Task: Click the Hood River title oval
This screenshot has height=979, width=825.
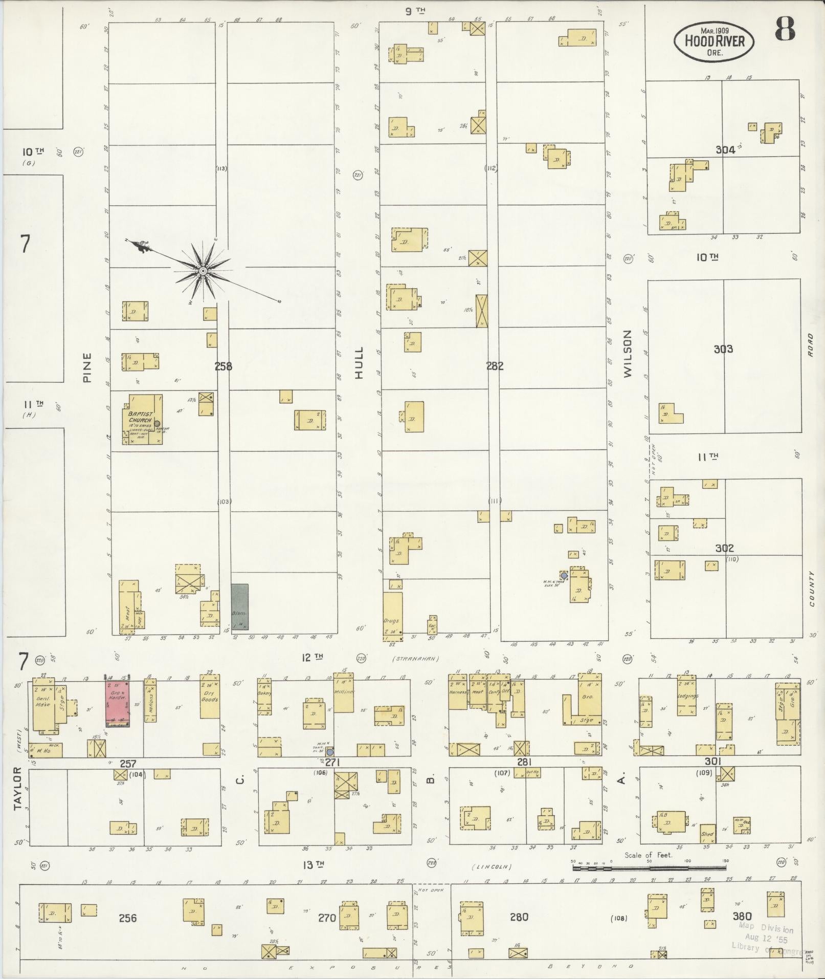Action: pyautogui.click(x=713, y=40)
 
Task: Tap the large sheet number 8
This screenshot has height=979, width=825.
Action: pyautogui.click(x=784, y=29)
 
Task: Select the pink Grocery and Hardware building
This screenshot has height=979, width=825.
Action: pyautogui.click(x=118, y=702)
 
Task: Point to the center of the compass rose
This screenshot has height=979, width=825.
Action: pyautogui.click(x=203, y=270)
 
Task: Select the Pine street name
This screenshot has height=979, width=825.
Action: pyautogui.click(x=87, y=367)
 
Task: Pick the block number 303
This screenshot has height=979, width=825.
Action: pyautogui.click(x=723, y=349)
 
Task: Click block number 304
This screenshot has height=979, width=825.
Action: pyautogui.click(x=725, y=149)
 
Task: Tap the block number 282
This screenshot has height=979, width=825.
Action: pyautogui.click(x=495, y=365)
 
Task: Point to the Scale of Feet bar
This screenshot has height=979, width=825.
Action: pyautogui.click(x=649, y=867)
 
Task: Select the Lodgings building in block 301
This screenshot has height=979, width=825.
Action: pyautogui.click(x=686, y=695)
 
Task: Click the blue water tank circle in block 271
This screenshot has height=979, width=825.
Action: pyautogui.click(x=330, y=752)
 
